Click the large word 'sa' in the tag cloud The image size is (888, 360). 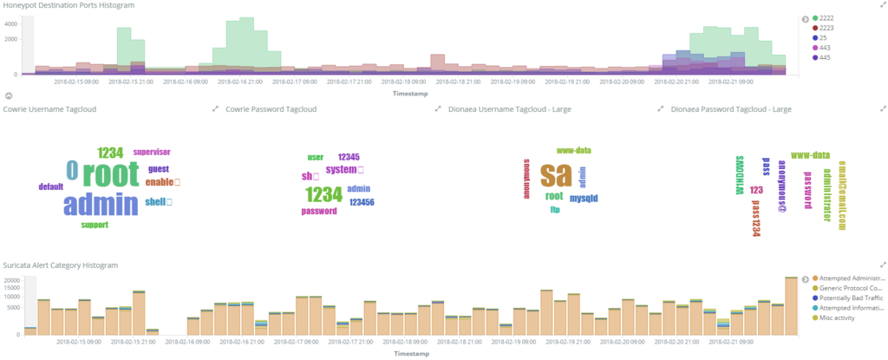[555, 174]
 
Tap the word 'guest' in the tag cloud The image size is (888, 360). [159, 169]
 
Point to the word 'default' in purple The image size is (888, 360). [51, 187]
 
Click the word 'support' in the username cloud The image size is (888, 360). [95, 225]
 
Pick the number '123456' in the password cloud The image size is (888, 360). [362, 202]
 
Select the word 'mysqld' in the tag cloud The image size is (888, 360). [584, 198]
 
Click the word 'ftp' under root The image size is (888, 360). [555, 209]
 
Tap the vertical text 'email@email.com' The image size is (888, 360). [840, 199]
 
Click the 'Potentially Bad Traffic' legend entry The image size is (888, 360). [844, 298]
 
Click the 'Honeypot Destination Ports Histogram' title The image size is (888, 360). [69, 5]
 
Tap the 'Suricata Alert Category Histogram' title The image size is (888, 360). [61, 264]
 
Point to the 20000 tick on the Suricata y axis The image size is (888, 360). [12, 279]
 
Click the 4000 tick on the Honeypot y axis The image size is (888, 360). [11, 23]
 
